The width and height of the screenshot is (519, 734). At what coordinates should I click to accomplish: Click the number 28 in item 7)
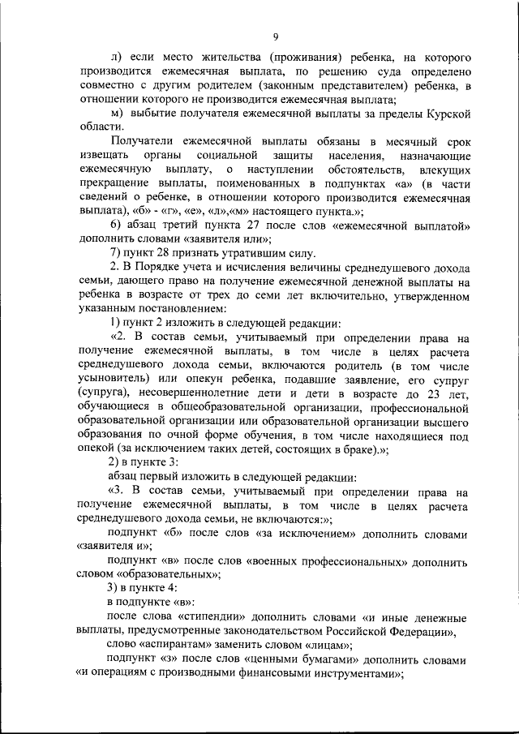tap(160, 252)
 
